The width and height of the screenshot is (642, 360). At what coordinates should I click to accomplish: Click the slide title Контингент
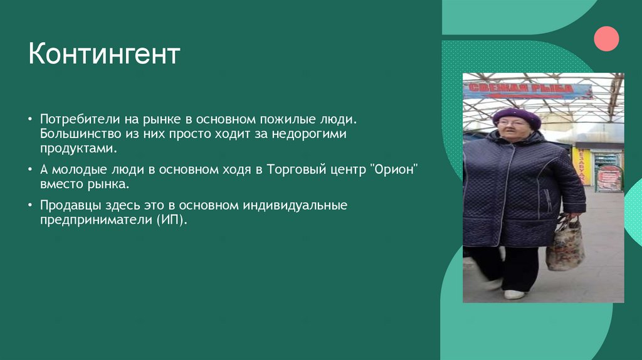tap(104, 54)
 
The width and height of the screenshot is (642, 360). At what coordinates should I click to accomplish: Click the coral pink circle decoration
tap(606, 38)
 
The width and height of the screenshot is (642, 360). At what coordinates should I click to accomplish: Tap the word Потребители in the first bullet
tap(76, 119)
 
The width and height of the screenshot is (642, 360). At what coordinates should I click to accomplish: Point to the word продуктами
tap(78, 149)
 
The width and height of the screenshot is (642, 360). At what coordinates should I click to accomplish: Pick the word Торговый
tap(295, 169)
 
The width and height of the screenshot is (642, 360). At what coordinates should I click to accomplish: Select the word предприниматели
tap(93, 221)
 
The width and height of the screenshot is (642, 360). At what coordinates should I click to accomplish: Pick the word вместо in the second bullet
tap(60, 184)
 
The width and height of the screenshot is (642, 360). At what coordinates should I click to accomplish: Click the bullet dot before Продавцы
tap(32, 206)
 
